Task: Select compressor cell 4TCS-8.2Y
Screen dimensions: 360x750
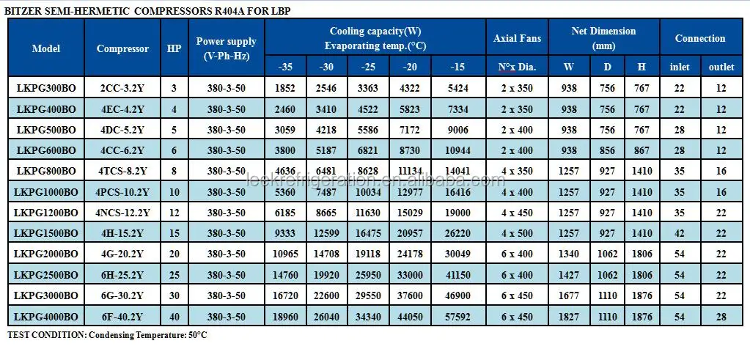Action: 122,171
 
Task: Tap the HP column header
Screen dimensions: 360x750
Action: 174,48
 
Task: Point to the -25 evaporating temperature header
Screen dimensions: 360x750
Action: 367,67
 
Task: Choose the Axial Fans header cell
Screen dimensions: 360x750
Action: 518,38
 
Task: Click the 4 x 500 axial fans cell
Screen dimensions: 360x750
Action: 518,233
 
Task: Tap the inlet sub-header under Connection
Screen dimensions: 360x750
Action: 680,67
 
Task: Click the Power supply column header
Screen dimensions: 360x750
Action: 226,48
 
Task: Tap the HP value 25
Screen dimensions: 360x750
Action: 174,275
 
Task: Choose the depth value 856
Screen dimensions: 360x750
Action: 608,150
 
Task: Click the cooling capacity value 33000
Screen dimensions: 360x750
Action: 408,275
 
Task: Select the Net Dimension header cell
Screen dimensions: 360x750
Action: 603,38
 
